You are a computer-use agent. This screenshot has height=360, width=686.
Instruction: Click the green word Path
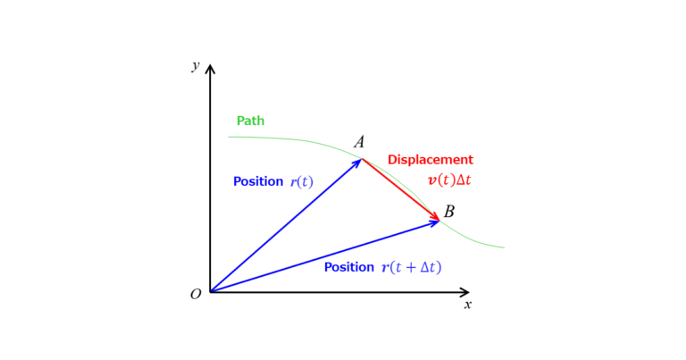pyautogui.click(x=250, y=121)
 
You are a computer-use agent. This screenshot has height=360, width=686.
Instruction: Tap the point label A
pyautogui.click(x=359, y=142)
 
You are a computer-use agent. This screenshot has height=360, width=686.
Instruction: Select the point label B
pyautogui.click(x=449, y=212)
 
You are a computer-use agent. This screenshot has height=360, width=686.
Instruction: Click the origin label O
pyautogui.click(x=196, y=295)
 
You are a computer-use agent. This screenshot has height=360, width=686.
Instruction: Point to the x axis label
pyautogui.click(x=468, y=305)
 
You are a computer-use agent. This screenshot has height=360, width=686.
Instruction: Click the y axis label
pyautogui.click(x=196, y=65)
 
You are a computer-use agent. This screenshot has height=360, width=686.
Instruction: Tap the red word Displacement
pyautogui.click(x=431, y=160)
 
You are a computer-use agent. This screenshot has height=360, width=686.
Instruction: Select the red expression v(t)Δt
pyautogui.click(x=449, y=180)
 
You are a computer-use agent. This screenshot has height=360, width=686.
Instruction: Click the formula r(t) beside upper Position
pyautogui.click(x=302, y=181)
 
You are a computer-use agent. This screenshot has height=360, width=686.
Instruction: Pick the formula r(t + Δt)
pyautogui.click(x=411, y=267)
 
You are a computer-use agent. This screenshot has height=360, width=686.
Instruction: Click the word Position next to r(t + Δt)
pyautogui.click(x=349, y=267)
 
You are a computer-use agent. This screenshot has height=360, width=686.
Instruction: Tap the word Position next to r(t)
pyautogui.click(x=258, y=181)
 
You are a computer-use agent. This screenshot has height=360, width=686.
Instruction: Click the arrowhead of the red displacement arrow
pyautogui.click(x=435, y=216)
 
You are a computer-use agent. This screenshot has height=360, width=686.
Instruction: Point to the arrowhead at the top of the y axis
pyautogui.click(x=211, y=69)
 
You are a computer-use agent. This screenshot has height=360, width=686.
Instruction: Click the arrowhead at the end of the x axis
pyautogui.click(x=464, y=292)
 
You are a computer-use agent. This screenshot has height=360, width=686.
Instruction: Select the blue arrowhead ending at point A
pyautogui.click(x=357, y=163)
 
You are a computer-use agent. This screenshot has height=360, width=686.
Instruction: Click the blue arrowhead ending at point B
pyautogui.click(x=434, y=223)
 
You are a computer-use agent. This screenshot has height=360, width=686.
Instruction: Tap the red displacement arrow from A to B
pyautogui.click(x=401, y=190)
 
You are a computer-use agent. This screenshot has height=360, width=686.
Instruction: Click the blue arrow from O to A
pyautogui.click(x=286, y=225)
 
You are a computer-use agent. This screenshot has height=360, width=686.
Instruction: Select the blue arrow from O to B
pyautogui.click(x=324, y=256)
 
